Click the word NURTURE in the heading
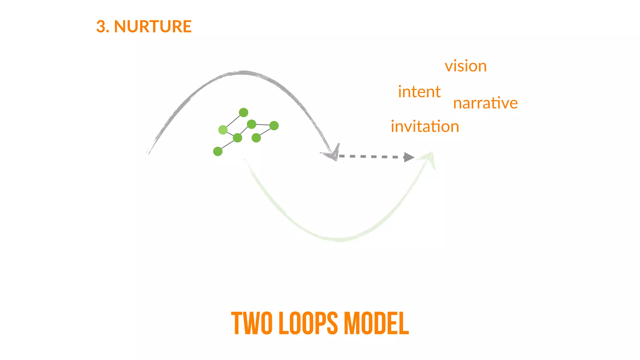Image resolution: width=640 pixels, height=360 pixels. click(x=153, y=26)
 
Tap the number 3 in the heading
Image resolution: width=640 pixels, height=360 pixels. click(x=101, y=26)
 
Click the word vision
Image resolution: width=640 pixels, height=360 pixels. click(x=466, y=66)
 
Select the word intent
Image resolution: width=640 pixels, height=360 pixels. click(x=419, y=92)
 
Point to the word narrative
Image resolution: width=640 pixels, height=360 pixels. click(x=485, y=103)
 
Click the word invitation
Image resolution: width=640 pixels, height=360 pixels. click(x=425, y=127)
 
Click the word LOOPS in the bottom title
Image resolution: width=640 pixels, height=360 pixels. click(x=308, y=323)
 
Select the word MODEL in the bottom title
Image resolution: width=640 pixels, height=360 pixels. click(x=376, y=323)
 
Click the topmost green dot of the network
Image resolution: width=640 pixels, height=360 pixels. click(x=243, y=112)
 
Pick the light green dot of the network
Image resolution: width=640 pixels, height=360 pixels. click(x=223, y=129)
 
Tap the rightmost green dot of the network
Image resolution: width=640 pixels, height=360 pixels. click(x=274, y=126)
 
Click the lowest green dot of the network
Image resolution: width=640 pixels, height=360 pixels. click(x=218, y=152)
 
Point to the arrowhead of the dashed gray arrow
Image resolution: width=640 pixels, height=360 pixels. click(x=409, y=157)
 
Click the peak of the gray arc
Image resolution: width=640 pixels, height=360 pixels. click(x=243, y=73)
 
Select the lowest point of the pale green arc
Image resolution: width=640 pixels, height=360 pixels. click(x=338, y=240)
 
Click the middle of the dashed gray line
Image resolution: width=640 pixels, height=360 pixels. click(x=372, y=156)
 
